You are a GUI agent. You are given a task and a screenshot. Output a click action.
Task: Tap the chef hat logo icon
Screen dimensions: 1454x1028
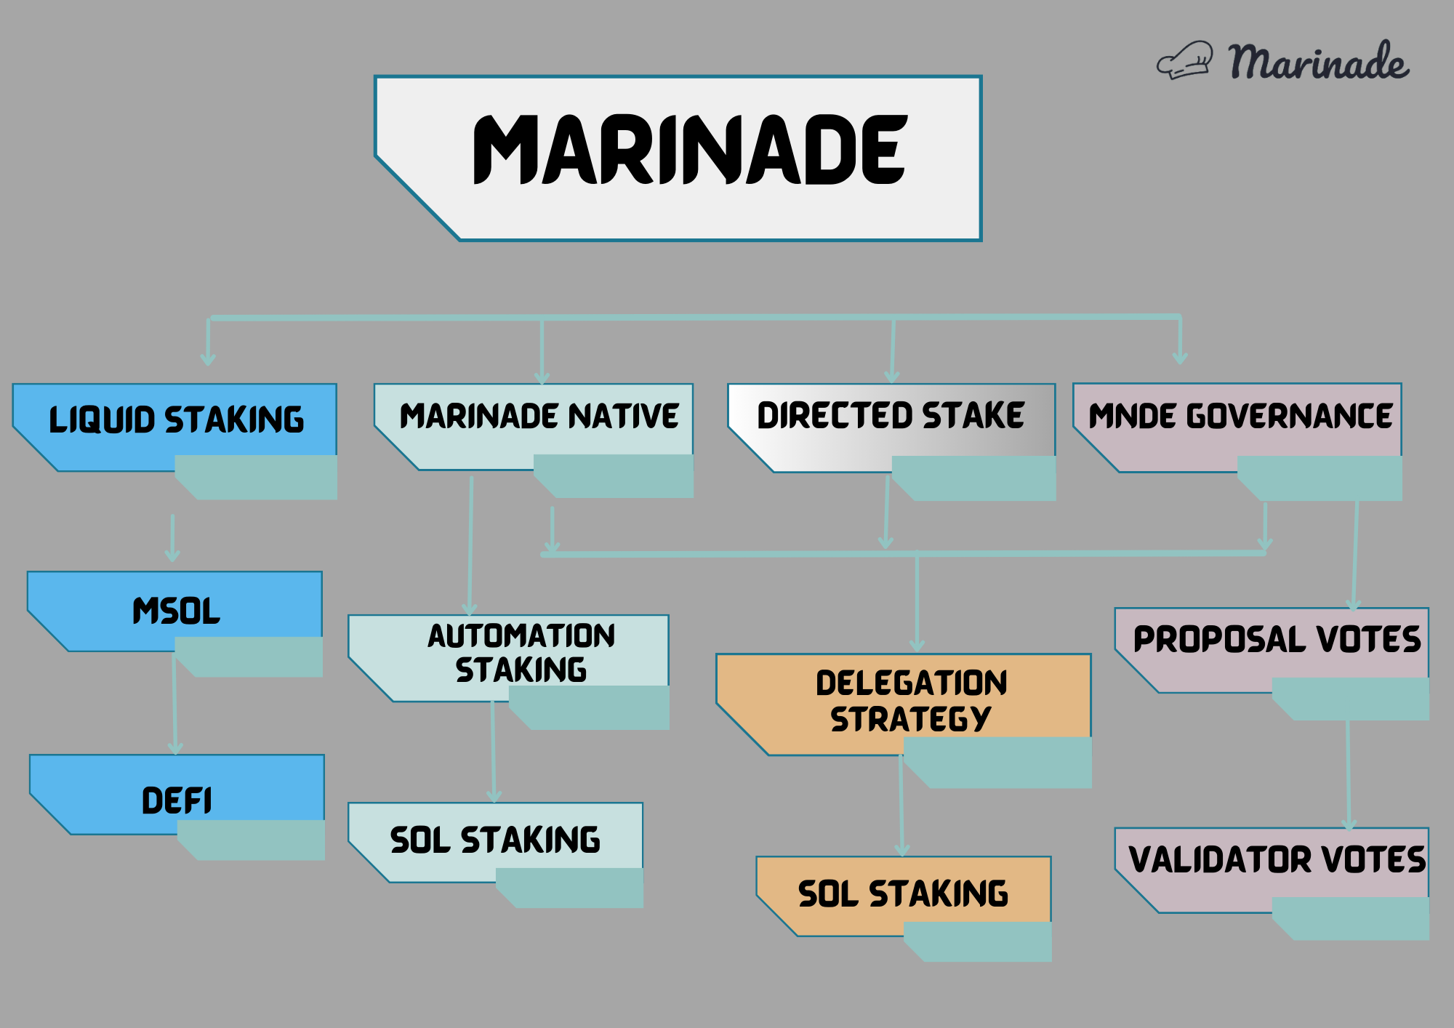[x=1185, y=61]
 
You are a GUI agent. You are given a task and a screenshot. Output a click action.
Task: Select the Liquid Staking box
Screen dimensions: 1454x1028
[x=176, y=420]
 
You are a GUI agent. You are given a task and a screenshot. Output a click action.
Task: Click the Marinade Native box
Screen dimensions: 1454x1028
[x=539, y=417]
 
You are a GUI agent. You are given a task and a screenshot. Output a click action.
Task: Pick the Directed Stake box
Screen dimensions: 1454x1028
[x=891, y=417]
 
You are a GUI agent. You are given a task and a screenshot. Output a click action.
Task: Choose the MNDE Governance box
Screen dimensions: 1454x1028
[x=1240, y=417]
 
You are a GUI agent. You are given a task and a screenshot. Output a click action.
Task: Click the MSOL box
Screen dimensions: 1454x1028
[x=176, y=611]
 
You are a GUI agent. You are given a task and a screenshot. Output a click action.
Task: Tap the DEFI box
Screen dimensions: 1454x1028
[x=177, y=800]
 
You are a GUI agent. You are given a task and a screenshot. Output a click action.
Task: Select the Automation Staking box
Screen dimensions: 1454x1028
[x=521, y=653]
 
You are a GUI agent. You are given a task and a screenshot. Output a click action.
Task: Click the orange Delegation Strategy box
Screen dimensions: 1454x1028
[x=911, y=701]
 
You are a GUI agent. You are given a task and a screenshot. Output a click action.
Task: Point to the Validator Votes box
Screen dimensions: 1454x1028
[x=1277, y=860]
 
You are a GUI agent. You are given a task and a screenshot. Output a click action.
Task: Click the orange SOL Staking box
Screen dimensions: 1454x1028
[x=904, y=894]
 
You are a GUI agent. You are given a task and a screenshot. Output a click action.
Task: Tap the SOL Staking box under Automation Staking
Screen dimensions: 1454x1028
[x=495, y=840]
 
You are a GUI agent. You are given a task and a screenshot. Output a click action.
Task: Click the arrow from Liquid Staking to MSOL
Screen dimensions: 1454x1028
[x=172, y=538]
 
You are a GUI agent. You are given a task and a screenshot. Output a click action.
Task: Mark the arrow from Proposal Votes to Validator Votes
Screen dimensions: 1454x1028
[x=1349, y=774]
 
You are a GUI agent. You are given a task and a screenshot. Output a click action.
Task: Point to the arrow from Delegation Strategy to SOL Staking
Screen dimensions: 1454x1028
[x=901, y=807]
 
